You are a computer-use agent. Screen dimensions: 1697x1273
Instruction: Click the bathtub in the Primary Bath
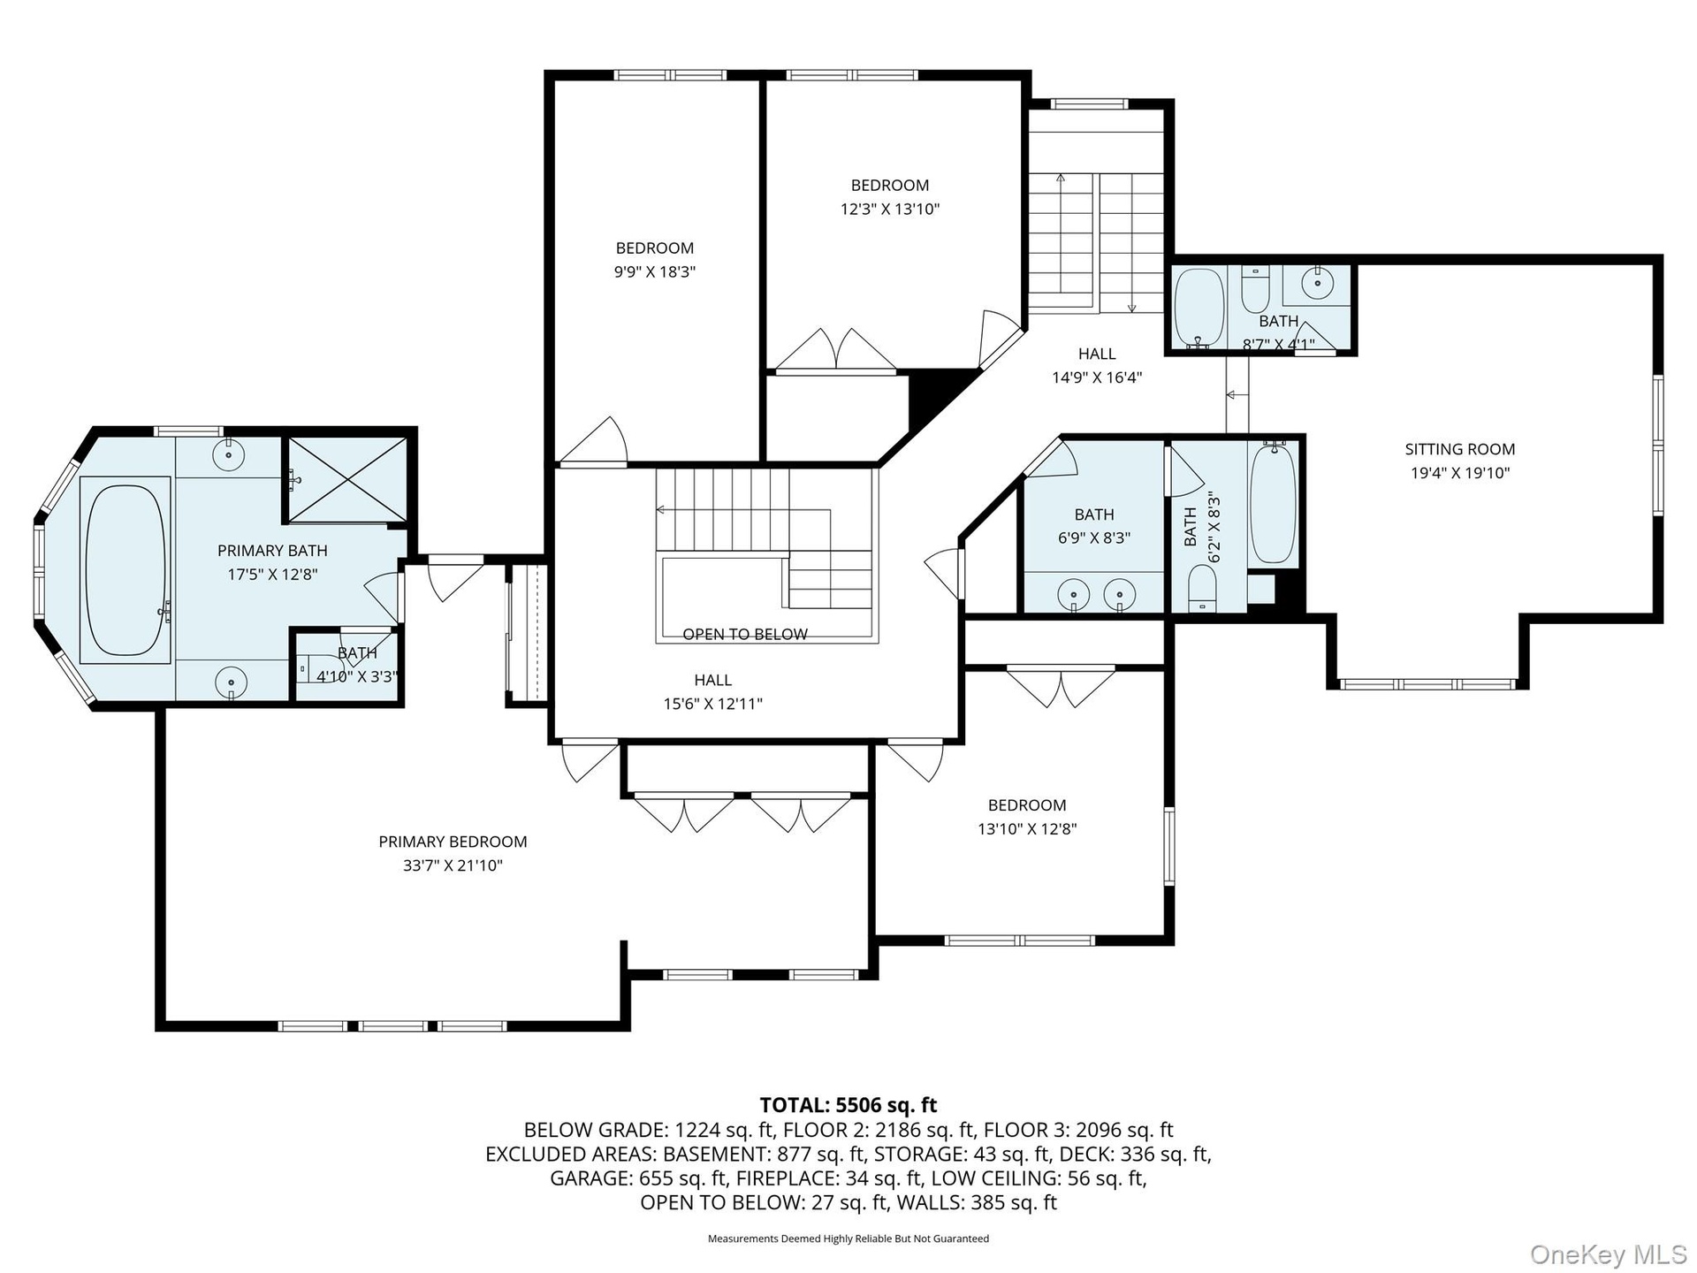coord(125,569)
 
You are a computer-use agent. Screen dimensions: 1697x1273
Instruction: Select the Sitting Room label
coord(1460,449)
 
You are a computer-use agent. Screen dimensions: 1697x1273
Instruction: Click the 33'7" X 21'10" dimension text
coord(453,865)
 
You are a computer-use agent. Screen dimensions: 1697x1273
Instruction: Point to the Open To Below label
coord(745,634)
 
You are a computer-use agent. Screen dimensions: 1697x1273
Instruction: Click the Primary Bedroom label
coord(453,842)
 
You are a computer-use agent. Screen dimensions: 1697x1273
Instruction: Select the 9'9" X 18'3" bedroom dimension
coord(655,271)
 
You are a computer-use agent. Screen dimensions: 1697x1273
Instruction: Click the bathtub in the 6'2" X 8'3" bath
coord(1273,503)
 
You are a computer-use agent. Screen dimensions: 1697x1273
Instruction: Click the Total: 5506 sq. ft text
coord(848,1105)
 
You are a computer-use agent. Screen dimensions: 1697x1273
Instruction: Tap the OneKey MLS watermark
coord(1609,1254)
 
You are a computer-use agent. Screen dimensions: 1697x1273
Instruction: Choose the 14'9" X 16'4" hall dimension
coord(1097,377)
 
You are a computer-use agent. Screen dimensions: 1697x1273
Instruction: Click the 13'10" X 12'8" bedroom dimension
coord(1027,829)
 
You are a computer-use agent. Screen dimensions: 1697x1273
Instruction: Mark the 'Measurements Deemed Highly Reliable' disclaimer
coord(848,1239)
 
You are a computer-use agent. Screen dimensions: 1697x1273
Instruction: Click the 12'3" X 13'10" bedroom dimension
coord(890,210)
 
